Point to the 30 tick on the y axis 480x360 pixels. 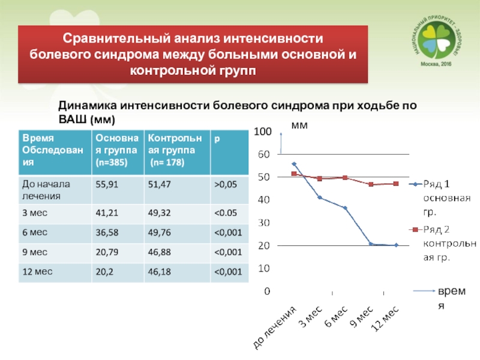click(264, 223)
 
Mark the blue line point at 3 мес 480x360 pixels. click(320, 197)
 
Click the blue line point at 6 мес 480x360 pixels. click(345, 208)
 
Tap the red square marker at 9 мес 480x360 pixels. click(371, 184)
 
